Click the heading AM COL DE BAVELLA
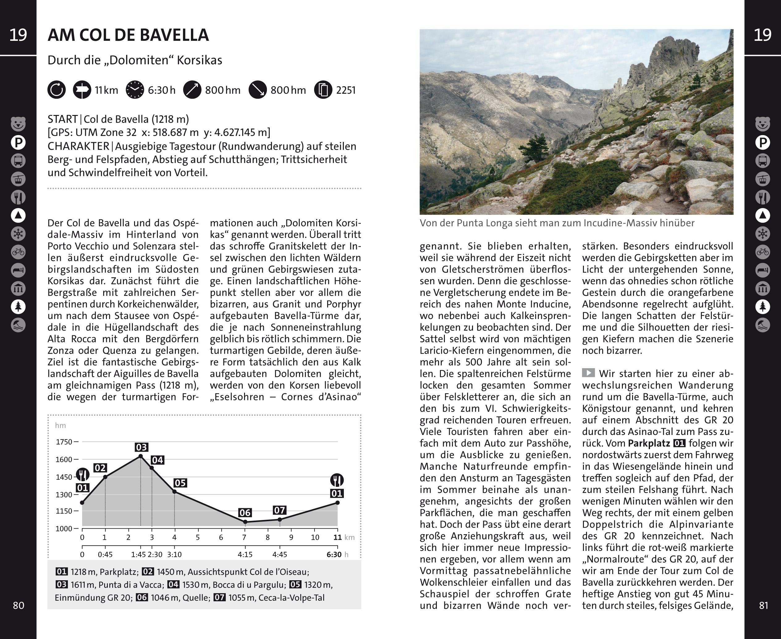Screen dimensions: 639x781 pyautogui.click(x=128, y=35)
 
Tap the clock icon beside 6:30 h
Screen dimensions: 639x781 pyautogui.click(x=135, y=90)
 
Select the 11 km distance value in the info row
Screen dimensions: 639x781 pyautogui.click(x=106, y=90)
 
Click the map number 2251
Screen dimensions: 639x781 pyautogui.click(x=346, y=90)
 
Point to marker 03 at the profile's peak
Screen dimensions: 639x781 pyautogui.click(x=141, y=447)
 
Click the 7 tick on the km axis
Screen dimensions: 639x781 pyautogui.click(x=244, y=537)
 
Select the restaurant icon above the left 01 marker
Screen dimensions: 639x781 pyautogui.click(x=83, y=475)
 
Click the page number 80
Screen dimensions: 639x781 pyautogui.click(x=19, y=606)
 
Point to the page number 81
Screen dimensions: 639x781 pyautogui.click(x=764, y=606)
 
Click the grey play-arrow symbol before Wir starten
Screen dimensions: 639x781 pyautogui.click(x=588, y=373)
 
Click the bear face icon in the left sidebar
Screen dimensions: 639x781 pyautogui.click(x=18, y=124)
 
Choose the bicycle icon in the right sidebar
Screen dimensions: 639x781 pyautogui.click(x=762, y=252)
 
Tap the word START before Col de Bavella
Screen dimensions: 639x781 pyautogui.click(x=62, y=119)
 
